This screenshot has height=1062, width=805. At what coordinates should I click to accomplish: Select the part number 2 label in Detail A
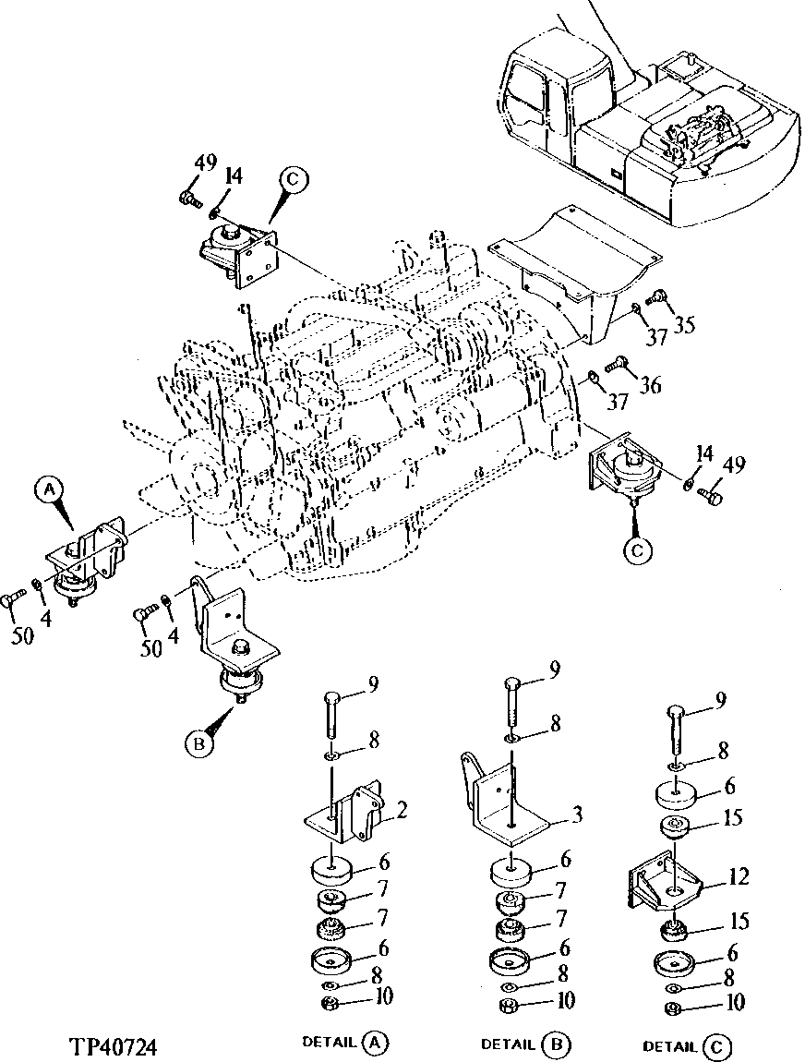(402, 811)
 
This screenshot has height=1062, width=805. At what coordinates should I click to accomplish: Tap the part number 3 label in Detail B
(576, 815)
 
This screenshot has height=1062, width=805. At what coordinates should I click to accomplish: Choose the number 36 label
(651, 384)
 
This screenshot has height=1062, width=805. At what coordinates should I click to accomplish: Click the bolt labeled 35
(659, 296)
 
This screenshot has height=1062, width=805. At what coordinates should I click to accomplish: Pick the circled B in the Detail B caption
(558, 1044)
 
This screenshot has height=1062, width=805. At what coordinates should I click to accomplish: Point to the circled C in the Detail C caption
(715, 1046)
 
